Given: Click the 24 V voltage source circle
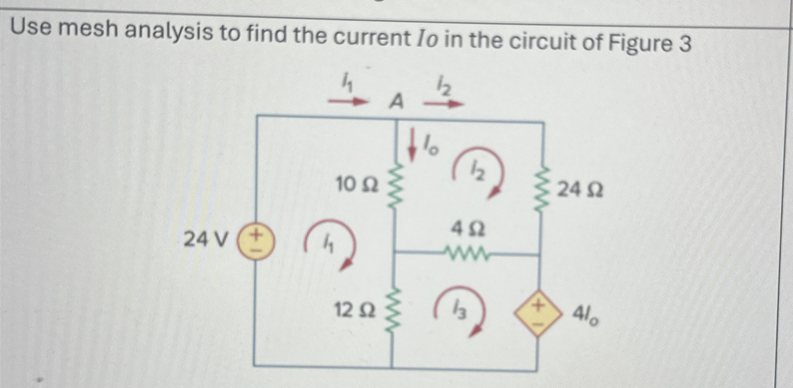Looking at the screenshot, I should click(256, 242).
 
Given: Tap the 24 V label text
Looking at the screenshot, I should click(206, 240).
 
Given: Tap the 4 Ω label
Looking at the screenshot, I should click(468, 229).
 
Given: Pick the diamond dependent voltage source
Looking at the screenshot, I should click(538, 313).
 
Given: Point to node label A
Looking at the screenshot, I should click(396, 102).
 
